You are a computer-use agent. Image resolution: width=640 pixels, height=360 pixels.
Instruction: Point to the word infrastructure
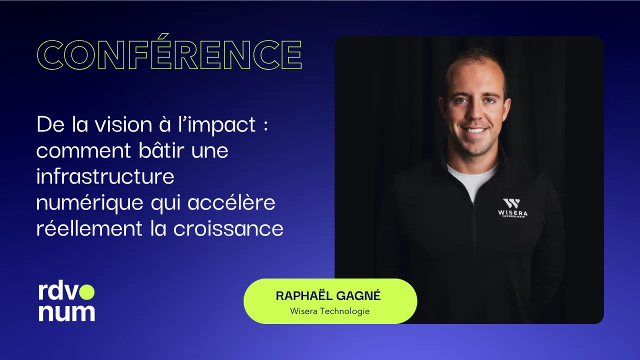(105, 177)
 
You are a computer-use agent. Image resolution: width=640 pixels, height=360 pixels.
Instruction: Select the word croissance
(228, 229)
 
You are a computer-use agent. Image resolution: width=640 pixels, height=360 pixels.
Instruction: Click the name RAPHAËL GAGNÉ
(328, 295)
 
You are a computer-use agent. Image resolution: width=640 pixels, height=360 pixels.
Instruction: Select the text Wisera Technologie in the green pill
(329, 311)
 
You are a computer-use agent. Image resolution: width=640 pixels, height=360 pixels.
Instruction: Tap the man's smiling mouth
(474, 130)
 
